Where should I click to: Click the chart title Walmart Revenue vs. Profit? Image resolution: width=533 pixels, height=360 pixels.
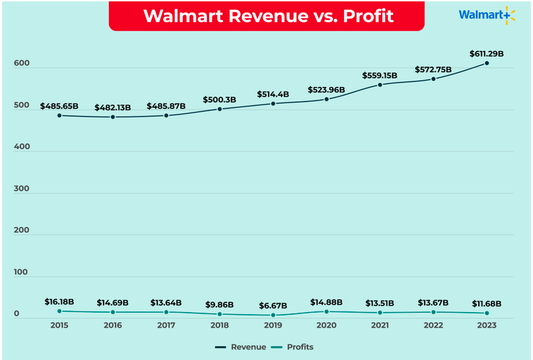[x=268, y=15]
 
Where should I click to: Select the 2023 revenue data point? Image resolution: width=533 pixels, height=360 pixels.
[x=486, y=63]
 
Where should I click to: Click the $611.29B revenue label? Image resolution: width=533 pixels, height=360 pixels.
[x=486, y=53]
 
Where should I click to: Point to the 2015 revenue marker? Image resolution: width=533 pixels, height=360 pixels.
[x=60, y=115]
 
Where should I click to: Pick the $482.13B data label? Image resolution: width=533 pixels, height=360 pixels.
[x=113, y=106]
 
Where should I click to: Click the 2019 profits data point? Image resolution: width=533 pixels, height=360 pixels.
[x=273, y=315]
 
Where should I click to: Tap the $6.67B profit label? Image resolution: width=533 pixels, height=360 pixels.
[x=273, y=304]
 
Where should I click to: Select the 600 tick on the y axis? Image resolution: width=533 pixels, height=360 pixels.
[x=21, y=64]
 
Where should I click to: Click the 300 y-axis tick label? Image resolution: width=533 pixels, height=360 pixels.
[x=21, y=189]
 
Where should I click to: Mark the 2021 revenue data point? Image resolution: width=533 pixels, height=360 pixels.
[x=380, y=84]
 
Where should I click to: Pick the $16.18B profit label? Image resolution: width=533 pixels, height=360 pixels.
[x=60, y=302]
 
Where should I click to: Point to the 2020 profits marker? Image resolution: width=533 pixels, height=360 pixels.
[x=326, y=311]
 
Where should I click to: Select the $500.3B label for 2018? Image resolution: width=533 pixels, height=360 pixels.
[x=219, y=99]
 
